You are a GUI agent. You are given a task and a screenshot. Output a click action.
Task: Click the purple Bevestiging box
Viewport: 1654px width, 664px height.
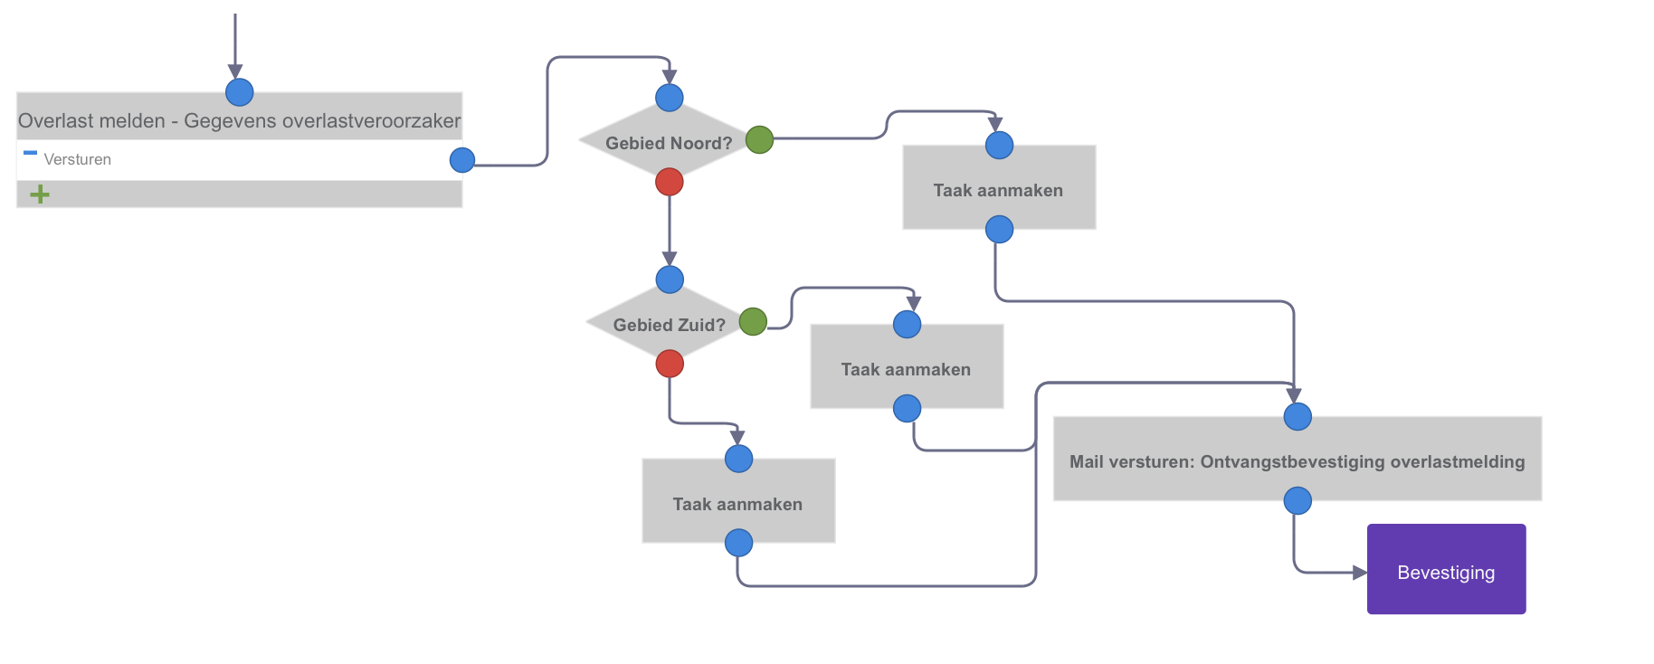1446,569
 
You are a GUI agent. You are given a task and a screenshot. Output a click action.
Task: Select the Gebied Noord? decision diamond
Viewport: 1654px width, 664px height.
670,141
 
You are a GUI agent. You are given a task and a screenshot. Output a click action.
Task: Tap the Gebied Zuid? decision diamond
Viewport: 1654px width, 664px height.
670,323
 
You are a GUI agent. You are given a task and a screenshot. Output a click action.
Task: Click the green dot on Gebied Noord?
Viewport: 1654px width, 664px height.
759,140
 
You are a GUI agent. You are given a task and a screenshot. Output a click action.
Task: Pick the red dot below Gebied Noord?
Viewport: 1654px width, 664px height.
670,182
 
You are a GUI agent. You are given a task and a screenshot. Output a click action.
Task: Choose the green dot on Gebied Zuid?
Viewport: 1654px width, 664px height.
753,321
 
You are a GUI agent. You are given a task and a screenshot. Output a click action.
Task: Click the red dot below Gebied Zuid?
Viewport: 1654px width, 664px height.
670,364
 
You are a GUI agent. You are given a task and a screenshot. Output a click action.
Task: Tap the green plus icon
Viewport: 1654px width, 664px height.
40,194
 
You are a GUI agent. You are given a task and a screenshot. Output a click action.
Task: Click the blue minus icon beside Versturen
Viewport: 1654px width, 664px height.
30,153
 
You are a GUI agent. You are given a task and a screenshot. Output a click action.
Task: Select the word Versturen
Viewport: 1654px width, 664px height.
78,159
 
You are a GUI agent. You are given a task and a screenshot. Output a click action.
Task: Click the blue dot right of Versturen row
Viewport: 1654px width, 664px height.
462,160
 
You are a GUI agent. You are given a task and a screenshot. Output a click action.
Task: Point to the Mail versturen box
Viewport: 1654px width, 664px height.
1298,459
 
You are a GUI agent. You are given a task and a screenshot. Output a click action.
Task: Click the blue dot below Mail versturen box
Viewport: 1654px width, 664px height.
1298,500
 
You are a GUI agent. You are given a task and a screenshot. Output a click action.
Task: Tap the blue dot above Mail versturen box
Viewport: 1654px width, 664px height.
1298,417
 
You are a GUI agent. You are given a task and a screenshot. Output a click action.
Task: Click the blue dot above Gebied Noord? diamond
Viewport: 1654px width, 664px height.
670,98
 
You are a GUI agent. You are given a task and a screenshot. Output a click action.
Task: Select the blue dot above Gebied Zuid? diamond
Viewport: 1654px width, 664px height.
670,280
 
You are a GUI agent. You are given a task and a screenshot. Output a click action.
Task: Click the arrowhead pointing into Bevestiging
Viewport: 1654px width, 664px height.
1360,573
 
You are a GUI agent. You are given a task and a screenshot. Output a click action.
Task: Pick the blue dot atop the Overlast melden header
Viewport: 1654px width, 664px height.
240,92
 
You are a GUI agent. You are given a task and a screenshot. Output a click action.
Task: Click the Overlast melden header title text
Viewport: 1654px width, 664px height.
240,121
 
